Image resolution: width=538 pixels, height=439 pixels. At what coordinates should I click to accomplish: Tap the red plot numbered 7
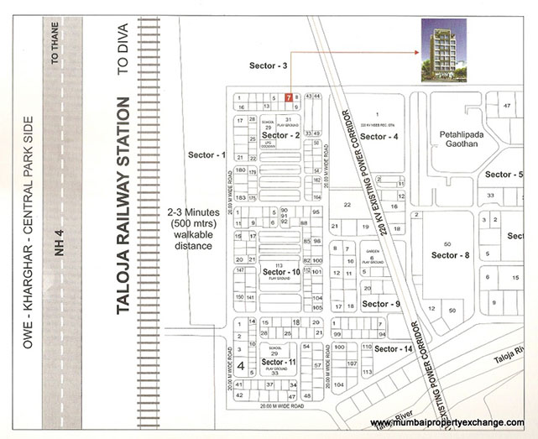[x=289, y=98]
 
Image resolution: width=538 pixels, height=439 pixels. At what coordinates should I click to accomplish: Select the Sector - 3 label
[x=269, y=65]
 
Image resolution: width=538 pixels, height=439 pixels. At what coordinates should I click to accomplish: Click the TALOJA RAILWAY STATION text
[x=123, y=206]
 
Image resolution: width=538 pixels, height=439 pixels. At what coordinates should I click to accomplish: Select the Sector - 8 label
[x=450, y=255]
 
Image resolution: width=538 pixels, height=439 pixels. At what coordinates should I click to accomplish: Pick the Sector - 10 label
[x=281, y=273]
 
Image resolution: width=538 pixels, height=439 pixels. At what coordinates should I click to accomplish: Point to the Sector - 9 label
[x=382, y=304]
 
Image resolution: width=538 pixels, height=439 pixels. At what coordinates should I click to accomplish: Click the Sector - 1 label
[x=207, y=155]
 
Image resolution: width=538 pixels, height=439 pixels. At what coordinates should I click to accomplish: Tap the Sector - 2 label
[x=281, y=135]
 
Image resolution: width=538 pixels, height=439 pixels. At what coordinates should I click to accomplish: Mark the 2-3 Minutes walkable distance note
[x=189, y=230]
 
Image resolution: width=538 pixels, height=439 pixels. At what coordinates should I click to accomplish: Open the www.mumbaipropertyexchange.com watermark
[x=447, y=422]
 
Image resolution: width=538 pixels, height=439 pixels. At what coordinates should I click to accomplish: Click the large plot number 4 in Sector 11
[x=241, y=366]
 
